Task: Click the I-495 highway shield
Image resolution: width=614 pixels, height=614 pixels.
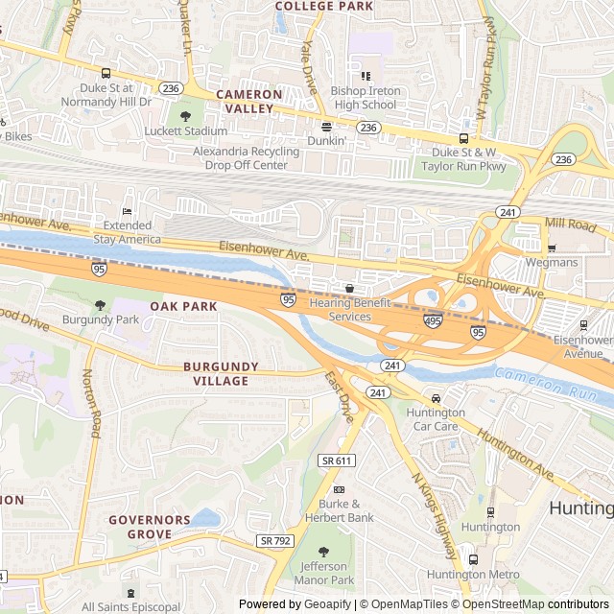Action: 433,321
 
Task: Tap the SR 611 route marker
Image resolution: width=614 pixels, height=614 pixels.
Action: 338,461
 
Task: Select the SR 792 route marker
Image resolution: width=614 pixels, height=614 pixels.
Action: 274,541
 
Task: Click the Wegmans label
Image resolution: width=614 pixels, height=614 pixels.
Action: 551,262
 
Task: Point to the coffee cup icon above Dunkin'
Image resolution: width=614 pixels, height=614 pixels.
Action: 326,126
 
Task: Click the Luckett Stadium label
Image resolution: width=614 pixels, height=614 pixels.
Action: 186,130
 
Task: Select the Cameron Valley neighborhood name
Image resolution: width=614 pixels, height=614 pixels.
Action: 248,102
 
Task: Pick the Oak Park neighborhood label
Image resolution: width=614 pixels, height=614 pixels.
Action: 183,306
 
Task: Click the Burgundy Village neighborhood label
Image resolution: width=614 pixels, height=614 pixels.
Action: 216,373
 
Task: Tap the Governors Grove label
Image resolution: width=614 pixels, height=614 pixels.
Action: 149,526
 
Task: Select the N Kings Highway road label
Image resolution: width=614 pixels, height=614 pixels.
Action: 435,515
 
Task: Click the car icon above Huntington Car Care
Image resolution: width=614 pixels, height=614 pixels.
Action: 436,398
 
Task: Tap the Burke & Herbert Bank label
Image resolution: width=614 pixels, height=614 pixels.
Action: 339,510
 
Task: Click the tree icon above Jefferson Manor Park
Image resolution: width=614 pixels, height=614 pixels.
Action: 322,552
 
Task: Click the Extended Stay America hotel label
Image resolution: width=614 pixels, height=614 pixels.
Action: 127,231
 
